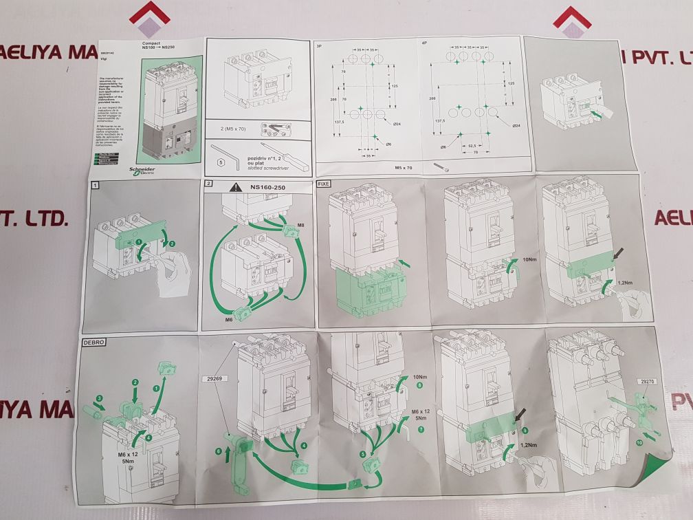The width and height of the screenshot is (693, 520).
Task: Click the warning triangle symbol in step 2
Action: tap(236, 186)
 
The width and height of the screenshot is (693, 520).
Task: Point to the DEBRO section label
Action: tap(95, 342)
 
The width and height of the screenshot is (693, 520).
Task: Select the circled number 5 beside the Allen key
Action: tap(221, 163)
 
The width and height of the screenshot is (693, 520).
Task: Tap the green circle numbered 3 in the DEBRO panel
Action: tap(100, 398)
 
